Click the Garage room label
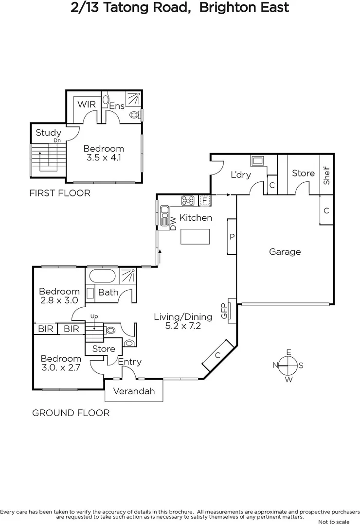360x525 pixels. (285, 252)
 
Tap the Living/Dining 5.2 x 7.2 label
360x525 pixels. (183, 322)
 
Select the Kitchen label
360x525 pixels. (196, 218)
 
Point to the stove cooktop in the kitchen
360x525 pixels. (188, 200)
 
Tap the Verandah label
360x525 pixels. (134, 391)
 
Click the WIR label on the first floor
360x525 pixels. (87, 105)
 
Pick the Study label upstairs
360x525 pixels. (49, 133)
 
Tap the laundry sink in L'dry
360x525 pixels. (257, 160)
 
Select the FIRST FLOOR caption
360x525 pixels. (60, 193)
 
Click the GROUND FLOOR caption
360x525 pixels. (71, 413)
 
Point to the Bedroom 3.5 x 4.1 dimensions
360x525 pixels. (103, 158)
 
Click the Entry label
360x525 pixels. (130, 362)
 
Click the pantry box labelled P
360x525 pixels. (232, 237)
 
